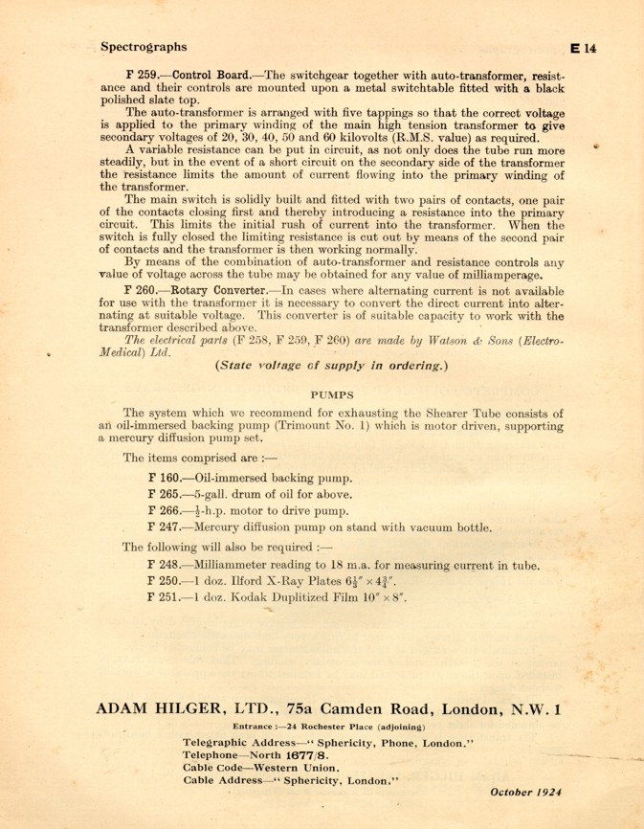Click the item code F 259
(x=145, y=75)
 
